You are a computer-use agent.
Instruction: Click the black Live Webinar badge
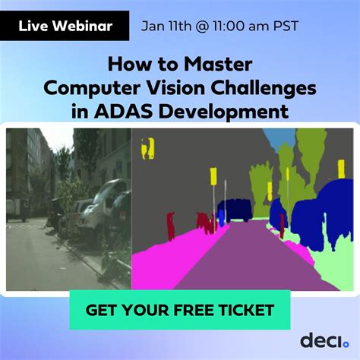pos(65,27)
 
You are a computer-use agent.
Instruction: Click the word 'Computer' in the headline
pos(87,88)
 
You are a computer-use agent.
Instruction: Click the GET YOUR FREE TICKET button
pos(179,310)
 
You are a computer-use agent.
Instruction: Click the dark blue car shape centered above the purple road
pos(234,209)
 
